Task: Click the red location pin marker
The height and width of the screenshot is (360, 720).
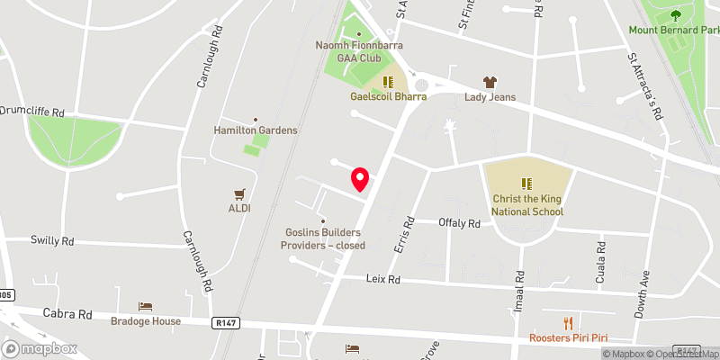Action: point(361,179)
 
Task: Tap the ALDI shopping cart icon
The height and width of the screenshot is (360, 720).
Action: point(239,193)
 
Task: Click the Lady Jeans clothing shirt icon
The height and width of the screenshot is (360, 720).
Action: point(490,82)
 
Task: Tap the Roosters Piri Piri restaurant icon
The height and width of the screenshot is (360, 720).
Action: point(568,323)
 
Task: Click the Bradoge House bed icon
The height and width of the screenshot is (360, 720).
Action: point(146,307)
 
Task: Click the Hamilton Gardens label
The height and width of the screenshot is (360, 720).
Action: point(256,130)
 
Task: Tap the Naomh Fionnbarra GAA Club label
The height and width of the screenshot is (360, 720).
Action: point(359,50)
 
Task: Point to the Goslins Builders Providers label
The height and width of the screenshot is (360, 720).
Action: point(321,238)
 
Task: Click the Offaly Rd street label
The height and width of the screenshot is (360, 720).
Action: point(459,222)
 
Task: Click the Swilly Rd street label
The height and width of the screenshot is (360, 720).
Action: point(52,241)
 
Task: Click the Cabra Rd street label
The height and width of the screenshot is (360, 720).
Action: point(68,314)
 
